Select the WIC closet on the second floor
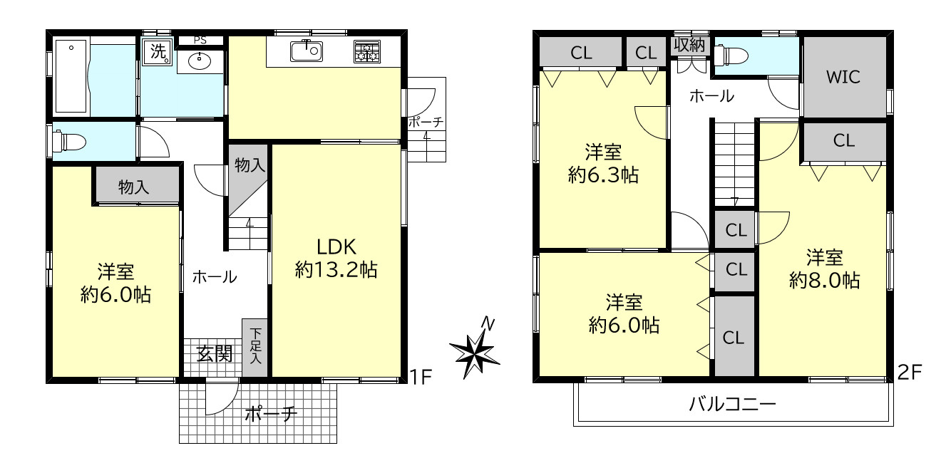[843, 77]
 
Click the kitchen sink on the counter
[307, 51]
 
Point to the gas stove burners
[367, 51]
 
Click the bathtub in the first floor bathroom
[71, 76]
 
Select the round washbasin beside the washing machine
[199, 61]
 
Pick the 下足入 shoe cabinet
[255, 347]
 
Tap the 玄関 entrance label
[215, 353]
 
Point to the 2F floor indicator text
[910, 372]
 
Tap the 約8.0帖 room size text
[824, 280]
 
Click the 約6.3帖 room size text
[603, 175]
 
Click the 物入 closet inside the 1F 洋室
[134, 188]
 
